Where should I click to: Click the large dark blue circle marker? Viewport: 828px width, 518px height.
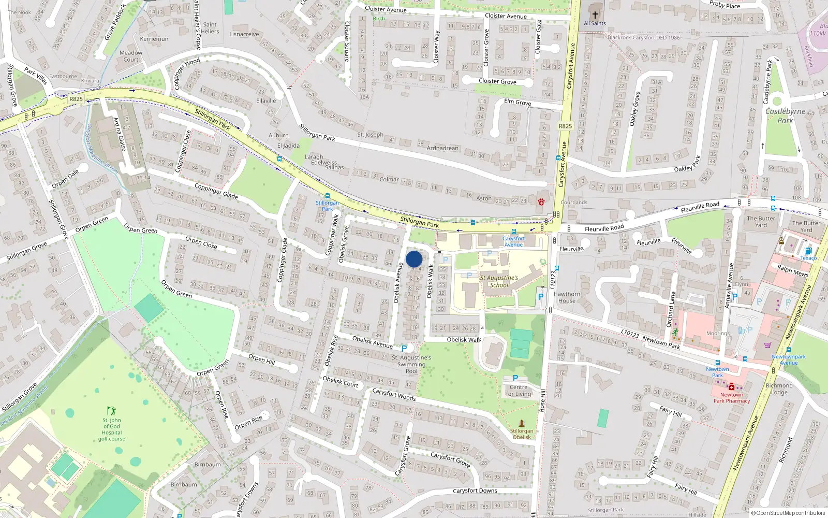pyautogui.click(x=414, y=259)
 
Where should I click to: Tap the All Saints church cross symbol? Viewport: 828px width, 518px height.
pyautogui.click(x=595, y=15)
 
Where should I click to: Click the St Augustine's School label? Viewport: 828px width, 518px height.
pyautogui.click(x=499, y=281)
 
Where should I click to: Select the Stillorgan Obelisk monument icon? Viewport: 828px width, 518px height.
pyautogui.click(x=521, y=423)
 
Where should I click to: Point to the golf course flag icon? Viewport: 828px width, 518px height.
pyautogui.click(x=111, y=411)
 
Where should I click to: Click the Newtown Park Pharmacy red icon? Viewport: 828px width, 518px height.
pyautogui.click(x=732, y=386)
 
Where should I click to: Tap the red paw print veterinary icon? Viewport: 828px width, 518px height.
pyautogui.click(x=541, y=202)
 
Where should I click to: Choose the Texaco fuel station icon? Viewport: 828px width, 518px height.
pyautogui.click(x=808, y=251)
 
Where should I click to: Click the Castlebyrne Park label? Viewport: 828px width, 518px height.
pyautogui.click(x=785, y=116)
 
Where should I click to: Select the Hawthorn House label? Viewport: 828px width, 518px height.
pyautogui.click(x=567, y=297)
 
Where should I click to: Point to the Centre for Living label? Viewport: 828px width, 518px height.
pyautogui.click(x=519, y=391)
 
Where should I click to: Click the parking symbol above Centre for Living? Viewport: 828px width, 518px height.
pyautogui.click(x=515, y=379)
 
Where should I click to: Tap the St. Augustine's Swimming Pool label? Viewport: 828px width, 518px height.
pyautogui.click(x=411, y=364)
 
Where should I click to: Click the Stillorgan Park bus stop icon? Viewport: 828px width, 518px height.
pyautogui.click(x=327, y=196)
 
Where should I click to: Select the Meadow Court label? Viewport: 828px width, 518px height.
pyautogui.click(x=131, y=56)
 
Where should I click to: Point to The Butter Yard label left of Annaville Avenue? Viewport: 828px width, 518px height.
pyautogui.click(x=761, y=222)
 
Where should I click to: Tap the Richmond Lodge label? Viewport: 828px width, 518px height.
pyautogui.click(x=779, y=388)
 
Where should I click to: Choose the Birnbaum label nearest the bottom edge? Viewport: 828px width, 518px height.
pyautogui.click(x=184, y=485)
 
